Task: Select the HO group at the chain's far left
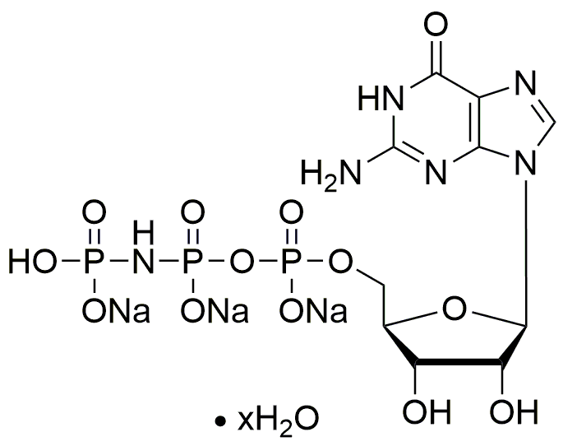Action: pos(31,263)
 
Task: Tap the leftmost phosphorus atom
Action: pos(93,263)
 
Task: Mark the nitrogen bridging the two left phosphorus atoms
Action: pos(143,263)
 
